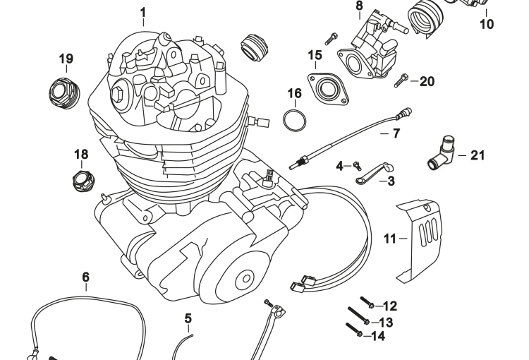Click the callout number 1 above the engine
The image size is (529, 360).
click(x=143, y=13)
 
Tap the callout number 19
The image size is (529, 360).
click(x=66, y=58)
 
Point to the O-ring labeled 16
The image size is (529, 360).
click(x=295, y=120)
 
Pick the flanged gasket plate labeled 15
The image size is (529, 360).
click(x=327, y=89)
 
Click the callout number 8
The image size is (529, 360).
click(x=359, y=6)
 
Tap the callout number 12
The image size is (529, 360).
click(x=390, y=306)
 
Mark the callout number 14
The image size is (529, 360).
click(x=378, y=336)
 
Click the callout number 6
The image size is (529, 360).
click(x=86, y=277)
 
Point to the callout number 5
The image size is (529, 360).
click(x=188, y=318)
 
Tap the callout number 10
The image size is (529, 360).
click(x=487, y=24)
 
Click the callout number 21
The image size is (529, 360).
click(x=478, y=155)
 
